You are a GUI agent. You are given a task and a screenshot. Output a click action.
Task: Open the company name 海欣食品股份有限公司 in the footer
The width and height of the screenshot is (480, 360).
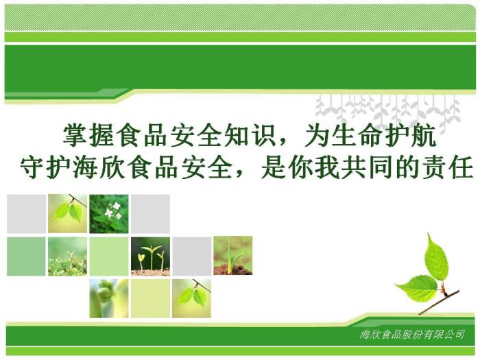click(x=412, y=335)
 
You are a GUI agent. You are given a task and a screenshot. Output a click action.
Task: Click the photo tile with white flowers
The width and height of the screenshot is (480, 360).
click(x=109, y=214)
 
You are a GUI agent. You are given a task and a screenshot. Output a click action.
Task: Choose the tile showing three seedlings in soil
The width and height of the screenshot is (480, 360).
click(x=150, y=256)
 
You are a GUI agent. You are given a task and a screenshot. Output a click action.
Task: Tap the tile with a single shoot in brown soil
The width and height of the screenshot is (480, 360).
click(x=233, y=255)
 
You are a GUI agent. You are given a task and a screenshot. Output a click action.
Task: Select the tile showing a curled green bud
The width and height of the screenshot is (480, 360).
click(x=109, y=298)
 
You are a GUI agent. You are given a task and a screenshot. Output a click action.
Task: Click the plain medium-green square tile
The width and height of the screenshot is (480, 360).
click(x=26, y=256)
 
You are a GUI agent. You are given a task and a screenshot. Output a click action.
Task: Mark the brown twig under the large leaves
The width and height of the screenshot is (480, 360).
click(x=440, y=302)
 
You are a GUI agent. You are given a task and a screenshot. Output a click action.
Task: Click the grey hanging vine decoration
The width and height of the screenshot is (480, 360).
click(x=388, y=110)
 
